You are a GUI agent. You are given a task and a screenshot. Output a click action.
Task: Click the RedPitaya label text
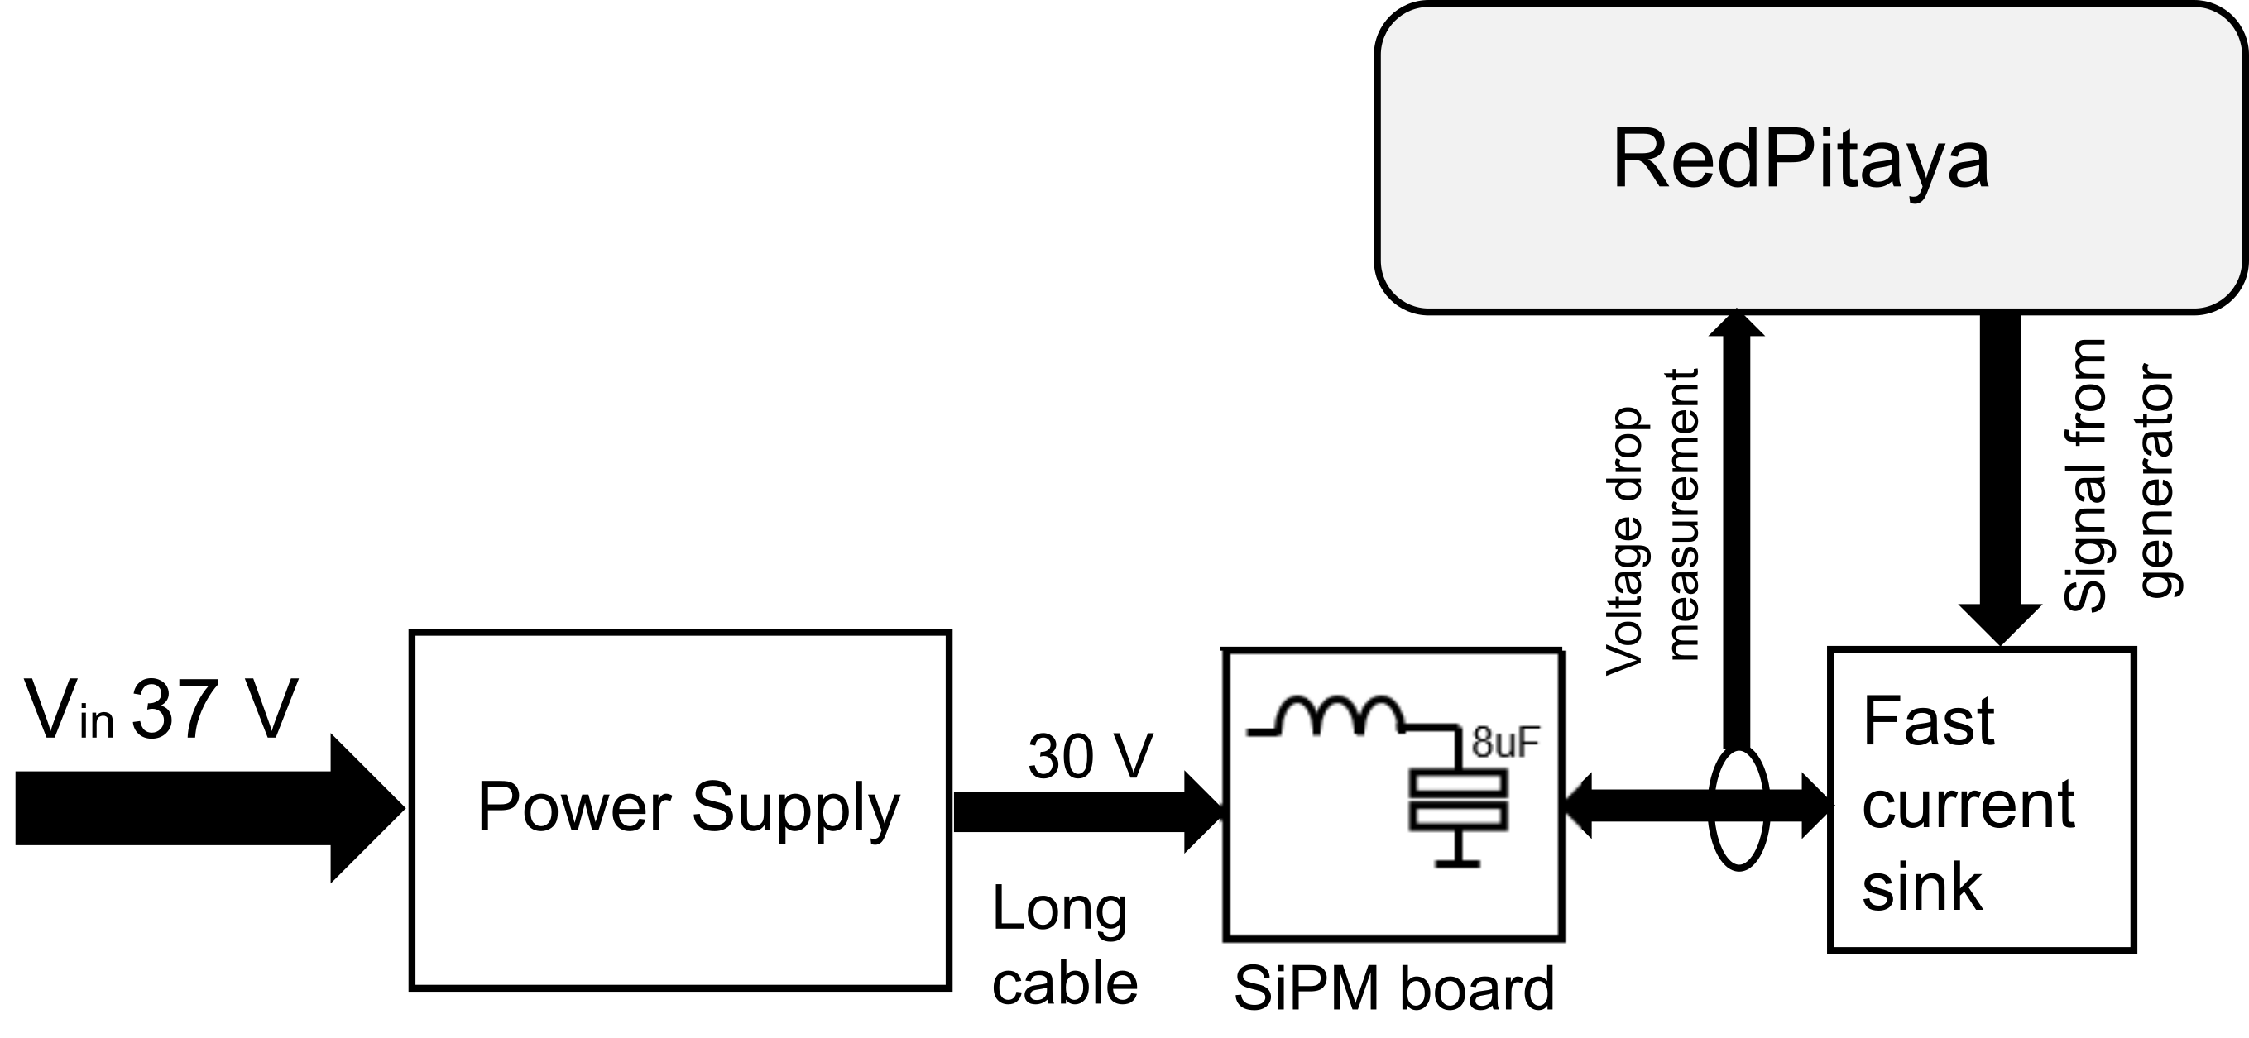point(1801,160)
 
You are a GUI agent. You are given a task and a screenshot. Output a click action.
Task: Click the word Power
point(573,806)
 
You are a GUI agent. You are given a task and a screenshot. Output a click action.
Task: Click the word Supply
point(795,808)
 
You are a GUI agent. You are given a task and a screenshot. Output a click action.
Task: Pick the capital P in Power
point(497,806)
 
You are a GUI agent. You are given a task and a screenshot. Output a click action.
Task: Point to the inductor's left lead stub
point(1262,733)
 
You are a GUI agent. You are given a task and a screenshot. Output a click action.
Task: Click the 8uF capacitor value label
point(1504,743)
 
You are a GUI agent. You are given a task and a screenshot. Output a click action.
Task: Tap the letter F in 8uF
point(1527,743)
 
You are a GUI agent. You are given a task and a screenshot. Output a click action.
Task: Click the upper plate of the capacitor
point(1458,783)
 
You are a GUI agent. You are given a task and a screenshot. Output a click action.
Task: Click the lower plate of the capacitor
point(1458,816)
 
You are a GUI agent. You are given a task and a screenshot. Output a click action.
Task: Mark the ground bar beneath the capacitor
point(1457,863)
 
